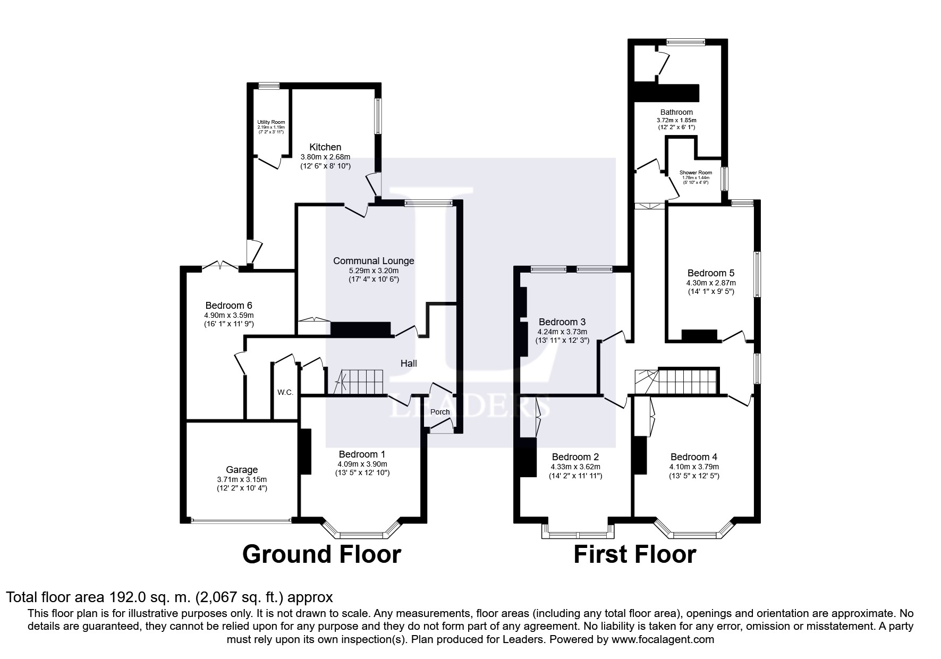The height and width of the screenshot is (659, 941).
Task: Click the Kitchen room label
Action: [325, 147]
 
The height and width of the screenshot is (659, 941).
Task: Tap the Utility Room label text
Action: [271, 122]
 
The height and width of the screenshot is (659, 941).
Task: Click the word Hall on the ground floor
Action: [409, 364]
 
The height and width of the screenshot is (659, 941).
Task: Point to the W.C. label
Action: [285, 393]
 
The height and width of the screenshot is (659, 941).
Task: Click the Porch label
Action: [440, 412]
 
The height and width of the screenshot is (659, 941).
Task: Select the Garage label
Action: [242, 470]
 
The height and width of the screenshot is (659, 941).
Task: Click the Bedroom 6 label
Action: [228, 306]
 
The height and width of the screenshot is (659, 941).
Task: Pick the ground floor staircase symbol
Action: [359, 382]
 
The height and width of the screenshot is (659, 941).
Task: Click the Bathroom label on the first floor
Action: [676, 112]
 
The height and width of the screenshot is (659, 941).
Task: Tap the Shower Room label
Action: [696, 173]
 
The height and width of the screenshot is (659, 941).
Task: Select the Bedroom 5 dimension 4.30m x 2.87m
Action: [710, 283]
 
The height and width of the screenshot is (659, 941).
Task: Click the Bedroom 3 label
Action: [562, 322]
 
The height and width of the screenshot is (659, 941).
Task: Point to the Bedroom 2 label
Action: [575, 457]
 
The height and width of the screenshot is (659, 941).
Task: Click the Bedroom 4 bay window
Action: [694, 533]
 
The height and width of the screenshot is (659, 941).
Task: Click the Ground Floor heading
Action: [321, 554]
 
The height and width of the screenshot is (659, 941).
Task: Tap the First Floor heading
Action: [634, 554]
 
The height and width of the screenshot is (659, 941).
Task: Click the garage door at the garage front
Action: [242, 521]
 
